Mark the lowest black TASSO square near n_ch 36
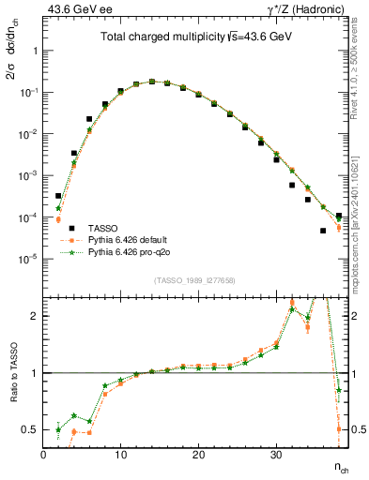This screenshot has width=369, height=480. coord(323,231)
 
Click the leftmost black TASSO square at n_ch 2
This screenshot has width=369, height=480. coord(58,196)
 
